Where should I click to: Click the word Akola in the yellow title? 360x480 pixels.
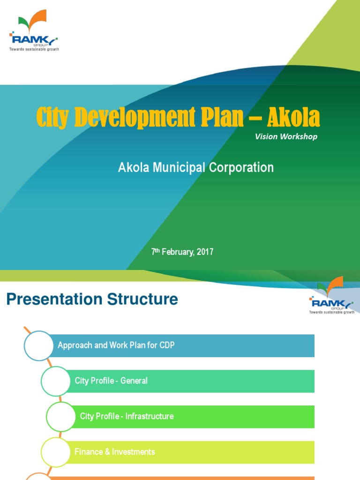coord(293,118)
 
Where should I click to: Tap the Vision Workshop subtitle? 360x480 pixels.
coord(286,136)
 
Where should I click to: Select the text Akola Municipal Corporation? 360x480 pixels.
coord(195,167)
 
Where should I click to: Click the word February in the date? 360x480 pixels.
coord(179,252)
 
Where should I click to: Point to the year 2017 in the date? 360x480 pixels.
coord(205,252)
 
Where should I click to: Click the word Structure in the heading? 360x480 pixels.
coord(142,299)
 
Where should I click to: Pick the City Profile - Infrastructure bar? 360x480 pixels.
coord(195,416)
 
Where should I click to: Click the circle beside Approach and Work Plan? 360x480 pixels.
coord(38,345)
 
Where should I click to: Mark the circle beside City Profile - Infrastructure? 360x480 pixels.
coord(61,416)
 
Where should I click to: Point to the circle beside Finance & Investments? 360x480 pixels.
coord(55,452)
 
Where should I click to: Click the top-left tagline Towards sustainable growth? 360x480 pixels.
coord(35,49)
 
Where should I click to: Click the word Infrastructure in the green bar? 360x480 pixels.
coord(150,416)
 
